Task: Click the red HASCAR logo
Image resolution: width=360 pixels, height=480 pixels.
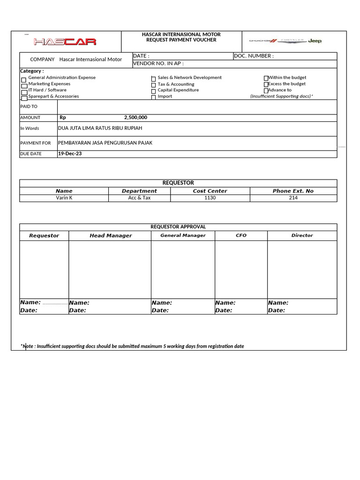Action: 65,42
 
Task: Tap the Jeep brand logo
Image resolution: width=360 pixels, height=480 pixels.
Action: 315,41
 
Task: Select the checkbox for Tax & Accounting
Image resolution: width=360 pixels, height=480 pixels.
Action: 153,85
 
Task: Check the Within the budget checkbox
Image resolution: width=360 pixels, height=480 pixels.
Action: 266,78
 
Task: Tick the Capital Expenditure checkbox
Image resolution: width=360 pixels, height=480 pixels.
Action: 153,91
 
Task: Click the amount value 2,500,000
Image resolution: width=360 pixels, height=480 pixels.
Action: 135,118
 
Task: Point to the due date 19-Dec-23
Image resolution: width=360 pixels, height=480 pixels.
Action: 70,153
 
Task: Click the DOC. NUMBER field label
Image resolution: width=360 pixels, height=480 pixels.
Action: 254,56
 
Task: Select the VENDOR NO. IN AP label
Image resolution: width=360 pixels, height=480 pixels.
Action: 158,63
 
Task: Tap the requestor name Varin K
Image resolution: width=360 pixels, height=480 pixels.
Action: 64,198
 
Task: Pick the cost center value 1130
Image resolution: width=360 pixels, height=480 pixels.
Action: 210,198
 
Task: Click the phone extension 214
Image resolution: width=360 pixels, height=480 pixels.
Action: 293,198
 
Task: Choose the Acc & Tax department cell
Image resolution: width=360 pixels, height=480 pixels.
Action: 139,198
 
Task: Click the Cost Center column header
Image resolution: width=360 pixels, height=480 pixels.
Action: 210,191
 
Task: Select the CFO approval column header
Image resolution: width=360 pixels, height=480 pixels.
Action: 241,235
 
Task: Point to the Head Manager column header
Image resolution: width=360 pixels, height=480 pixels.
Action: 111,236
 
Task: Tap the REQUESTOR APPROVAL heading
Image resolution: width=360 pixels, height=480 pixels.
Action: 178,227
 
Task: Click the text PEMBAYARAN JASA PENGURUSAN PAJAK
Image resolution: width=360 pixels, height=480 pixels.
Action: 105,142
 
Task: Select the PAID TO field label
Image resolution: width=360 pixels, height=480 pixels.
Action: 29,106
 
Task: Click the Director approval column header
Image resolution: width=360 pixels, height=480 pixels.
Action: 302,235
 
